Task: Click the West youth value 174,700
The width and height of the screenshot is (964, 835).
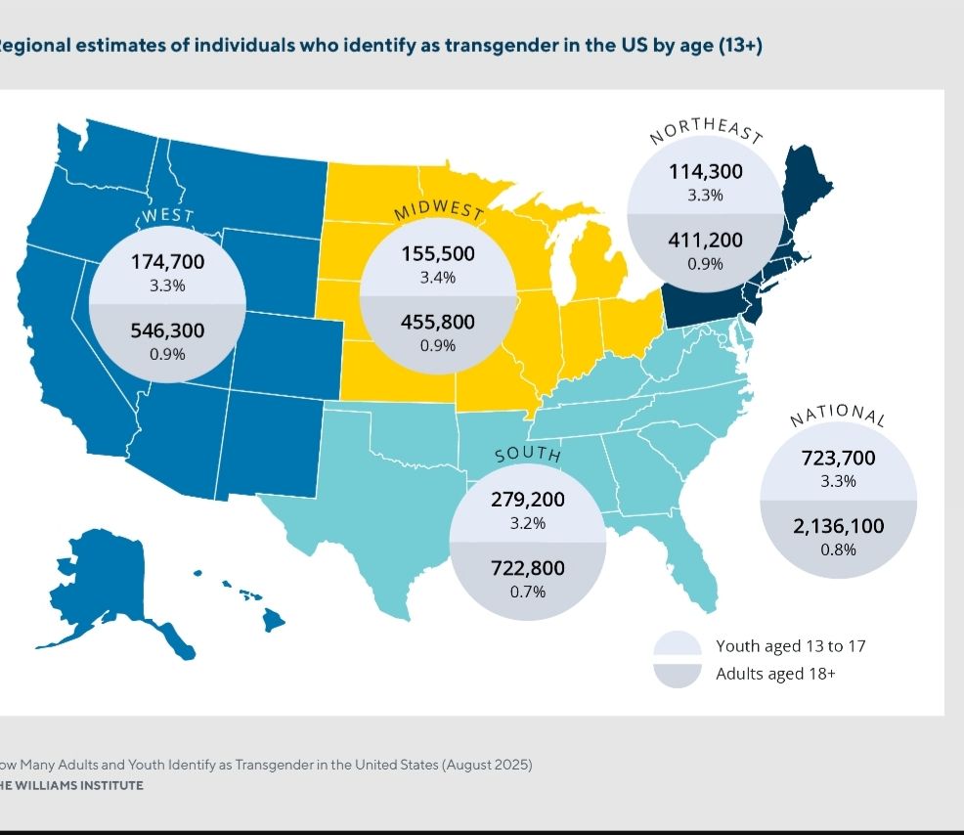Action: click(x=167, y=261)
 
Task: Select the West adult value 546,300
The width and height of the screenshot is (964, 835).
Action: click(x=167, y=330)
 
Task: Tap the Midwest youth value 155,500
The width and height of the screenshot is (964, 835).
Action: click(x=438, y=254)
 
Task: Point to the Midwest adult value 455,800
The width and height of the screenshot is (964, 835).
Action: click(x=438, y=322)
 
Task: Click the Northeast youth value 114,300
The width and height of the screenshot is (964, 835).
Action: click(x=705, y=172)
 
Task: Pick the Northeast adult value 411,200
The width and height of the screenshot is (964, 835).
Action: click(x=705, y=241)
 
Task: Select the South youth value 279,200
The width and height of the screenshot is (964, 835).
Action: click(x=527, y=500)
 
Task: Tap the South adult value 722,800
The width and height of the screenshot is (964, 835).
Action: click(x=527, y=568)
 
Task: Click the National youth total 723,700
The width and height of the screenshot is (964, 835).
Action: click(x=838, y=458)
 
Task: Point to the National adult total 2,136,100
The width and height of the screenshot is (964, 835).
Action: click(x=838, y=526)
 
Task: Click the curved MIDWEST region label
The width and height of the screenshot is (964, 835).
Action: click(x=439, y=210)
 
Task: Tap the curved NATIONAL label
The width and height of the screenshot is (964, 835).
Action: click(x=838, y=415)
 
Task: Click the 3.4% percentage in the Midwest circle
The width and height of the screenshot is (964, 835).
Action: click(x=438, y=279)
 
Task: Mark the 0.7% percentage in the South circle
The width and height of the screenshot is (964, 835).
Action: click(x=527, y=592)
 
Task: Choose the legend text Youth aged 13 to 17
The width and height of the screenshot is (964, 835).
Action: click(x=790, y=646)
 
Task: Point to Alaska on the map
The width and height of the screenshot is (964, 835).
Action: click(x=108, y=577)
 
